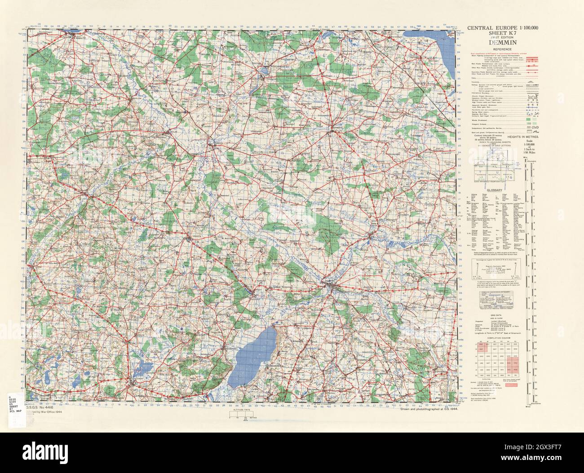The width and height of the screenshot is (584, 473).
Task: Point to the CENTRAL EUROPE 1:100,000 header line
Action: coord(499,28)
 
